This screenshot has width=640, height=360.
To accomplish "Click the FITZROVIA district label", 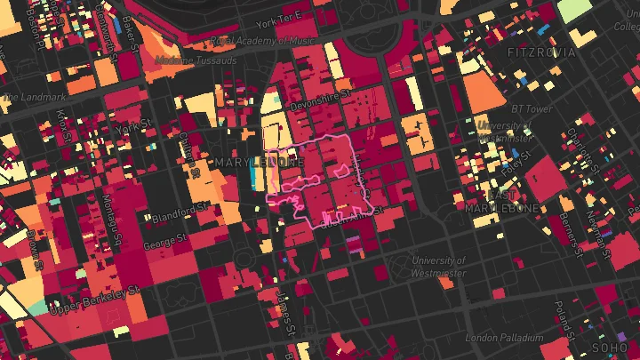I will tap(541, 52).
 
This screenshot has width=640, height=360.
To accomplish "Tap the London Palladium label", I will tap(504, 338).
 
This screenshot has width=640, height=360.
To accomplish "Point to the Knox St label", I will tap(61, 124).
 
